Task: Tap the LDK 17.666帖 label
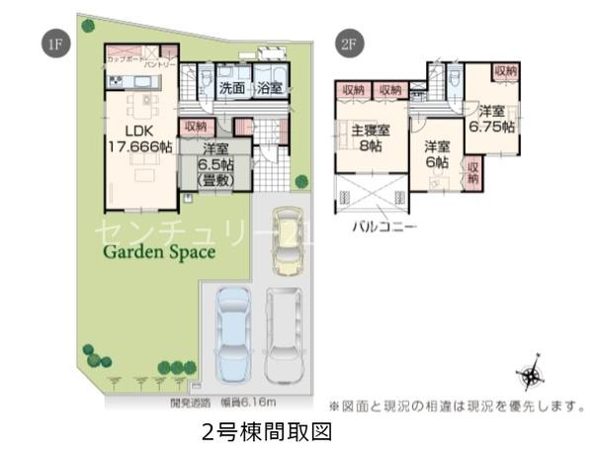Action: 139,137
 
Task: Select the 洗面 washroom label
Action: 232,88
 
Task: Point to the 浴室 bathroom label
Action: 270,88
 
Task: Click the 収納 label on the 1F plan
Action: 195,127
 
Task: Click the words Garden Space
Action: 160,252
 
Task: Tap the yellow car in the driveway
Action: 287,238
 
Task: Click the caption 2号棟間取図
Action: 264,432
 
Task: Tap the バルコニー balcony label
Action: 384,226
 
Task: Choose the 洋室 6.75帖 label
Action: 490,119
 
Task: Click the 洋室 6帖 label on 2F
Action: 437,156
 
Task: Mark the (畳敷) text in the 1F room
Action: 213,180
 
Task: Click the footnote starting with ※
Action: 457,406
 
